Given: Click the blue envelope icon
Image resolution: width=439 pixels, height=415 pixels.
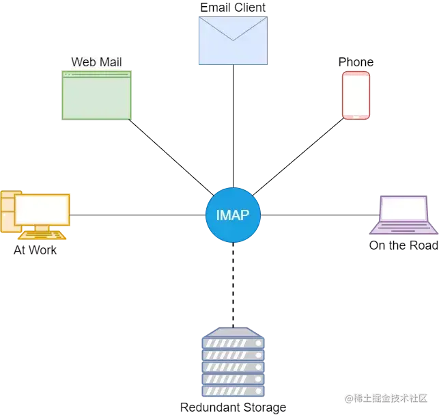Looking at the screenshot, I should pos(232,41).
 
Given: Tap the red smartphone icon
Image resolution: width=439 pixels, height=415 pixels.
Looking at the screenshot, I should pos(356,95).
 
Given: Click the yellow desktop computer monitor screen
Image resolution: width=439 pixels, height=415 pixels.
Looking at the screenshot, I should pos(42,209).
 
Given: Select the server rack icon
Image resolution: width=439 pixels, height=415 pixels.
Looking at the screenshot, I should pos(232,362).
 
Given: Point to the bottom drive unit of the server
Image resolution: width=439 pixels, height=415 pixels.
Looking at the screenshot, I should pos(232,390).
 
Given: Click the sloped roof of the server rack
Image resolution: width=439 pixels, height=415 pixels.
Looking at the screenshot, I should pos(232,330).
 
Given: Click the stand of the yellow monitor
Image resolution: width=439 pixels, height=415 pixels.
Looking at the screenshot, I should pos(42,228).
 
